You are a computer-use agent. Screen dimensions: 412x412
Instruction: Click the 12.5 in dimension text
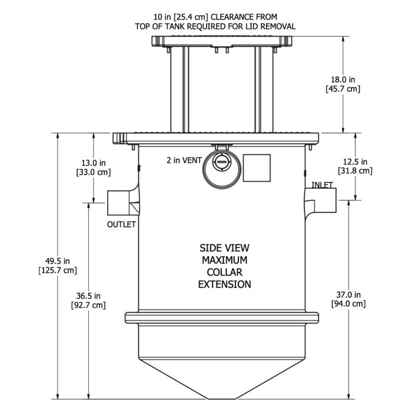pyautogui.click(x=356, y=161)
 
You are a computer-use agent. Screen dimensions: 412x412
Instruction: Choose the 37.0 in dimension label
pyautogui.click(x=349, y=294)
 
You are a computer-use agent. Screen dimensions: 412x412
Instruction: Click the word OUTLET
pyautogui.click(x=121, y=224)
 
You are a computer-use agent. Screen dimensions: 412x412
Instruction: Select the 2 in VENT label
pyautogui.click(x=184, y=160)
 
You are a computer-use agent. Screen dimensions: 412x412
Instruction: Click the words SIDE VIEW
pyautogui.click(x=224, y=247)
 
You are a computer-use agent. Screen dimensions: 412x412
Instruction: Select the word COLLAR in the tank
pyautogui.click(x=224, y=272)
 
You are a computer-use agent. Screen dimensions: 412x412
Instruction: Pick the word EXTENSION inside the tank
pyautogui.click(x=224, y=284)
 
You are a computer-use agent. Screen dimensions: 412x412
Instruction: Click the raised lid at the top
pyautogui.click(x=222, y=41)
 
